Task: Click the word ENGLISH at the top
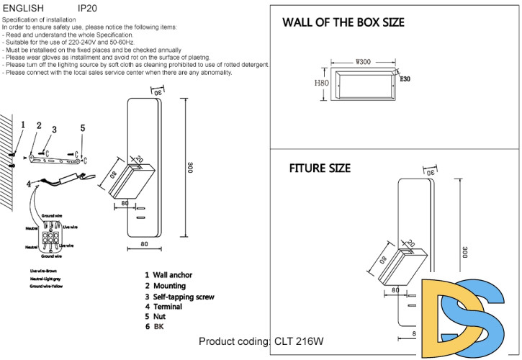23,8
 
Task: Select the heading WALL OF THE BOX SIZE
343,22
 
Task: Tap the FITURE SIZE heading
320,168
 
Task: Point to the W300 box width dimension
363,63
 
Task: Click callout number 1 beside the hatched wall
23,125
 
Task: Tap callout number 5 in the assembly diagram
82,128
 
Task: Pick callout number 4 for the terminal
30,184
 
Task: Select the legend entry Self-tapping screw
183,297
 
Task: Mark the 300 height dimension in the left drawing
191,167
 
